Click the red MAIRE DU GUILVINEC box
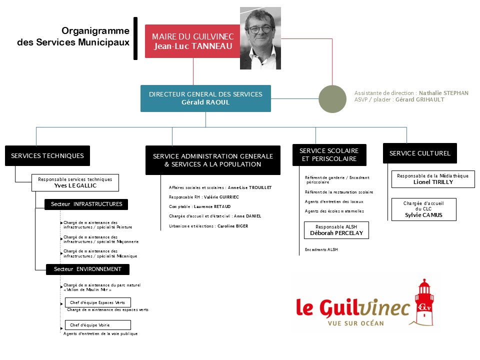tap(192, 41)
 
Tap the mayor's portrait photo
tap(260, 38)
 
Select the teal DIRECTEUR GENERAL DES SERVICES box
tap(205, 98)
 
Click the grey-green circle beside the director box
tap(332, 99)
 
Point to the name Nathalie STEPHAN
tap(443, 93)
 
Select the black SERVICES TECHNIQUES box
tap(47, 155)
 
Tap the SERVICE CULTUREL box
tap(419, 153)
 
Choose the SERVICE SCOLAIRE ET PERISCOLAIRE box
tap(329, 155)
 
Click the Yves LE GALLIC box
tap(75, 182)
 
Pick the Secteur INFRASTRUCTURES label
tap(86, 204)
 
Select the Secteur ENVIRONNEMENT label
tap(87, 269)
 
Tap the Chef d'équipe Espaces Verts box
tap(98, 302)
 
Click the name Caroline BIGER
tap(232, 226)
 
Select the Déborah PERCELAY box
tap(336, 230)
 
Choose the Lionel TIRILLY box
tap(433, 179)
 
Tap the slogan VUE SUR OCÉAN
tap(355, 323)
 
